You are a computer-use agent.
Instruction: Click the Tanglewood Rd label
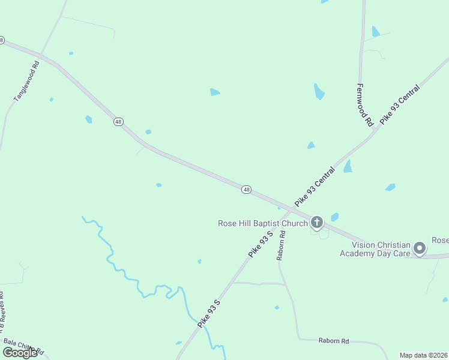[x=26, y=80]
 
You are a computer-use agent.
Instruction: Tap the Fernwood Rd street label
[x=365, y=104]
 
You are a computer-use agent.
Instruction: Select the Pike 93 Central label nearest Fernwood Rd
[x=400, y=104]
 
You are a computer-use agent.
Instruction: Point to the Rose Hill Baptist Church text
[x=263, y=223]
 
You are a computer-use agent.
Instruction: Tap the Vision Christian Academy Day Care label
[x=381, y=249]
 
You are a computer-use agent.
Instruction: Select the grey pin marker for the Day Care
[x=420, y=248]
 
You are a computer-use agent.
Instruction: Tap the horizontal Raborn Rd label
[x=333, y=341]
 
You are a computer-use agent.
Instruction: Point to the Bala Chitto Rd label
[x=24, y=346]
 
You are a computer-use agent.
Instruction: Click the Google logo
[x=19, y=353]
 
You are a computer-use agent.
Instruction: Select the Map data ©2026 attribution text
[x=424, y=355]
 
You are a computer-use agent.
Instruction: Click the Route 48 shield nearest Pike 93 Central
[x=246, y=190]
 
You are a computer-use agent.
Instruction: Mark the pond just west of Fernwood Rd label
[x=319, y=91]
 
